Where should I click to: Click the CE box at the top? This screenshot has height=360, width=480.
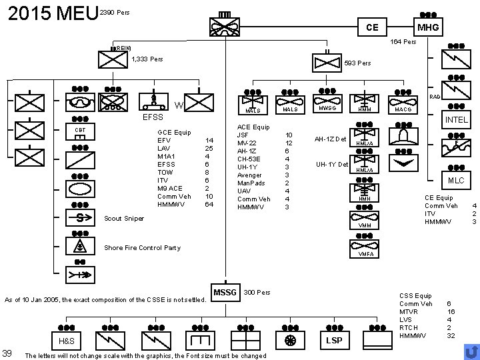(x=372, y=28)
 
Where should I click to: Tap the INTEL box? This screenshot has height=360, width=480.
(x=457, y=120)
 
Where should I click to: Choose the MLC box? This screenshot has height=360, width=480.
(x=457, y=181)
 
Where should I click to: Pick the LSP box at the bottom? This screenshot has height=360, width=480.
(x=333, y=341)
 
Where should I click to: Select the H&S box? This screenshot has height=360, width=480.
(x=67, y=341)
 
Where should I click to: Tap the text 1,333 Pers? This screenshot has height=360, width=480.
(x=147, y=59)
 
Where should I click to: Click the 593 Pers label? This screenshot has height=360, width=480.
(x=358, y=64)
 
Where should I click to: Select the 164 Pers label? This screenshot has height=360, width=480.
(x=403, y=42)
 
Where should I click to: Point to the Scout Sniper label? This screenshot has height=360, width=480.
(x=125, y=217)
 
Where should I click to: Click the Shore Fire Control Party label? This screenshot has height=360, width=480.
(x=143, y=248)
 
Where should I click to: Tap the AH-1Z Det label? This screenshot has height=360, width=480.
(x=331, y=139)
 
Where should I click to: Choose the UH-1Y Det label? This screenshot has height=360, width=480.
(x=331, y=164)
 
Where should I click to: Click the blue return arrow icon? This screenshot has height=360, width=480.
(x=470, y=351)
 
